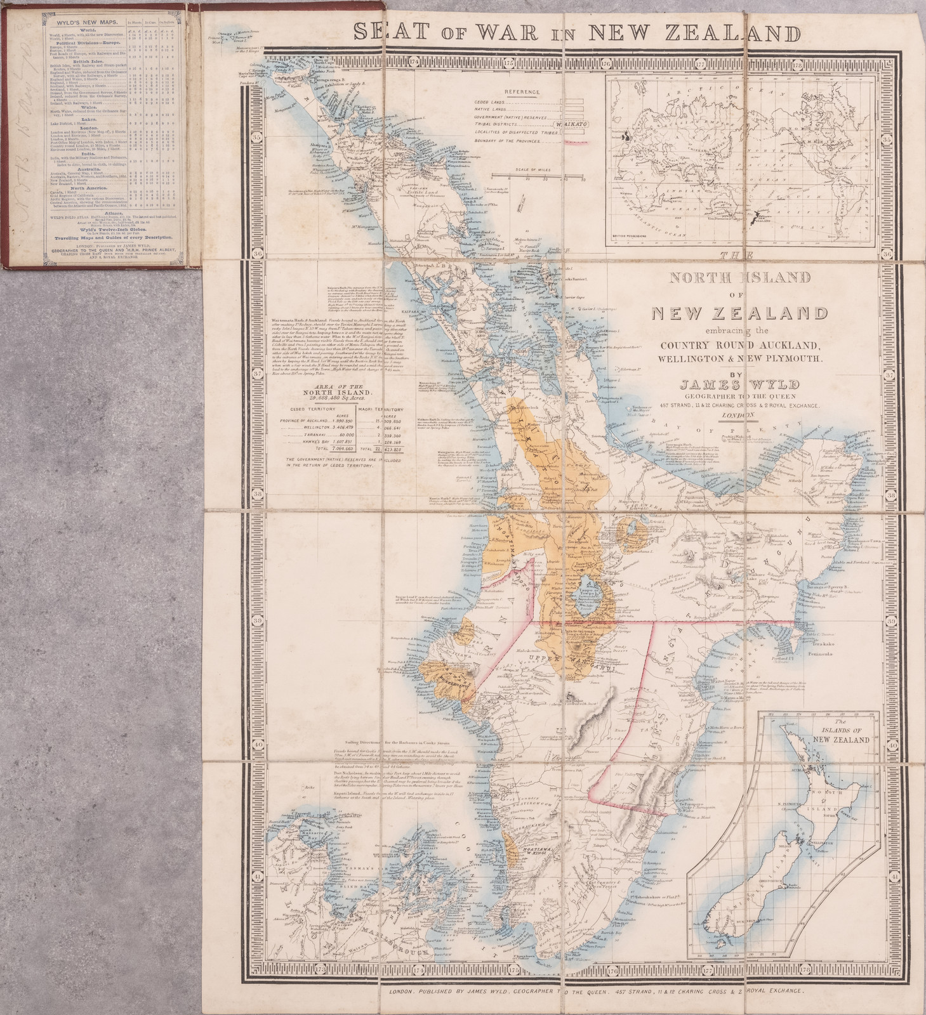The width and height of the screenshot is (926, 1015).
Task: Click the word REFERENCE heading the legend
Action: click(x=522, y=91)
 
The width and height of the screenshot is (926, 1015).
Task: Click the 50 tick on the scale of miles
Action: click(x=582, y=180)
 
